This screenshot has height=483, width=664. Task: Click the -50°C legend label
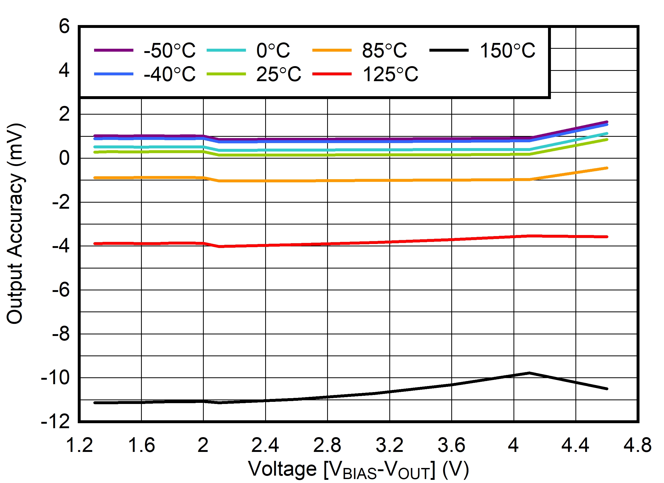pos(169,50)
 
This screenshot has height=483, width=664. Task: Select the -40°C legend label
pos(169,74)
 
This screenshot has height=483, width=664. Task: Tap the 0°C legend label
pos(273,50)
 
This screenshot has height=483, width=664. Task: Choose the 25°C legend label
pos(278,74)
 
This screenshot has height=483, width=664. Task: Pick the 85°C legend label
pos(384,50)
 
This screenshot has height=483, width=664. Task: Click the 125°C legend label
pos(390,74)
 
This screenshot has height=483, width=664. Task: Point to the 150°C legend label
pos(507,50)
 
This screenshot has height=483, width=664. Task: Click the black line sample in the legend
pos(449,50)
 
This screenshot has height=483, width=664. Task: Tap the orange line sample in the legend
pos(332,50)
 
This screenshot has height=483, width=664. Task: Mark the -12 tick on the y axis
pos(55,422)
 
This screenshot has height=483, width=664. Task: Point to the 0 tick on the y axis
pos(64,158)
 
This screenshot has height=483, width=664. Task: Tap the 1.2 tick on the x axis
pos(79,445)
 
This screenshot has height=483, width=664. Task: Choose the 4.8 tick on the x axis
pos(637,445)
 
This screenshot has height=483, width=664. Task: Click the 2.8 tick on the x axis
pos(327,445)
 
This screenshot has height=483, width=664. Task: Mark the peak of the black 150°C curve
pos(529,373)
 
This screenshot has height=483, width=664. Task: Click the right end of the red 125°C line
pos(607,237)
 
